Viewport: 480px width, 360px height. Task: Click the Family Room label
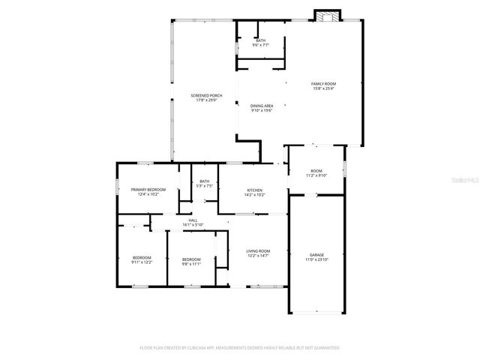323,83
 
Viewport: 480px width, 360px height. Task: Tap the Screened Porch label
206,96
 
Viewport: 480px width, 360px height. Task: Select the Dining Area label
261,106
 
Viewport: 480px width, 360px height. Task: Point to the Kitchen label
254,190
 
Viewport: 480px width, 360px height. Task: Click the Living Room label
258,250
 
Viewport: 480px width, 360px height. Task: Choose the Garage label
316,255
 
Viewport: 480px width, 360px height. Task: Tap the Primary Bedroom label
148,190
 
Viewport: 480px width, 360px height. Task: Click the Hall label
193,220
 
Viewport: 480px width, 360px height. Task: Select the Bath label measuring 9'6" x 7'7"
260,40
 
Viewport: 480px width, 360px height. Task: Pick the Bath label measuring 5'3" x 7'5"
204,181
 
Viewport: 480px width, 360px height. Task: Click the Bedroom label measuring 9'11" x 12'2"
142,257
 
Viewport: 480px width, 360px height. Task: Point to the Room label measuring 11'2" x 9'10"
316,171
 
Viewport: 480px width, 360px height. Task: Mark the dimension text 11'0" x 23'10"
316,259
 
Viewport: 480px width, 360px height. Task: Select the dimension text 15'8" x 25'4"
323,88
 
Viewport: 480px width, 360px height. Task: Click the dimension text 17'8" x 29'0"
206,100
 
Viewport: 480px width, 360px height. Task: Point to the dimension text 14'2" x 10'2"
254,195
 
